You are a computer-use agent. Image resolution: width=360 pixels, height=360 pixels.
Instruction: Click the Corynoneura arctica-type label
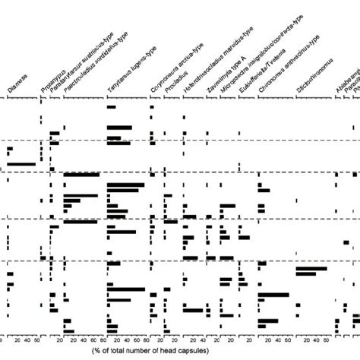(171, 72)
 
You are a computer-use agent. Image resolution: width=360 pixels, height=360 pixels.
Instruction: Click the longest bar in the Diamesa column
(21, 164)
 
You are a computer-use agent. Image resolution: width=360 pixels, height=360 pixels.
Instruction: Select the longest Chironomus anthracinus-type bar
(274, 295)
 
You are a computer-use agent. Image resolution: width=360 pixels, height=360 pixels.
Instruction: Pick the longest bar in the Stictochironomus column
(311, 269)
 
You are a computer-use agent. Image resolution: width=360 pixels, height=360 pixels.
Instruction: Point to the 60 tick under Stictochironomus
(326, 339)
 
